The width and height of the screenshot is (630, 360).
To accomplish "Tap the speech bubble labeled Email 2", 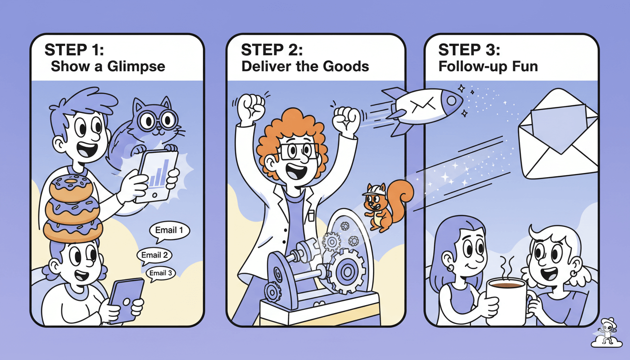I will click(x=154, y=255).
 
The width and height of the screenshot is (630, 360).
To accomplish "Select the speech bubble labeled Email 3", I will click(x=161, y=273).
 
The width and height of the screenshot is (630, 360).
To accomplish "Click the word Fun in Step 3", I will click(x=525, y=66).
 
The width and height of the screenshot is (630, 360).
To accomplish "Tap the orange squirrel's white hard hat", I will click(x=374, y=188).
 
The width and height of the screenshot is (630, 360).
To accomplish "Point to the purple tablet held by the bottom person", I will click(x=126, y=299).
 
